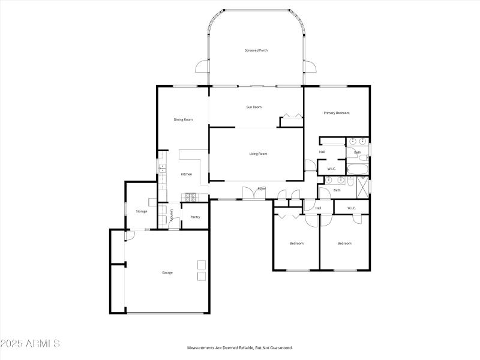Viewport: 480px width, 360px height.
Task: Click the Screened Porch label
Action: click(256, 50)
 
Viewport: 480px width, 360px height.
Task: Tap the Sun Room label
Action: click(254, 107)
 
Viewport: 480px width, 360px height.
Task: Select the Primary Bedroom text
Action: click(336, 113)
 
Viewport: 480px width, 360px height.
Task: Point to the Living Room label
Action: click(258, 154)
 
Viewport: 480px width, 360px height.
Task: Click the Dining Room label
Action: click(183, 119)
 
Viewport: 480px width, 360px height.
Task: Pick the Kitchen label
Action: click(187, 174)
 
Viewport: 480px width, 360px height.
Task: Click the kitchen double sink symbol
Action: click(161, 169)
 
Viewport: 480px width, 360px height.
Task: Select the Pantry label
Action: click(195, 217)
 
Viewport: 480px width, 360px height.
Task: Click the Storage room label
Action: click(141, 211)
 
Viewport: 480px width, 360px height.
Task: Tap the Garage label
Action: click(167, 272)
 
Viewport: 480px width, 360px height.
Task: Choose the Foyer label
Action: click(262, 189)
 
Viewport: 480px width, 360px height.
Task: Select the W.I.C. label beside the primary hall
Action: click(331, 169)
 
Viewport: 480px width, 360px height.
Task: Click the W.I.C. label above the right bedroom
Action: click(351, 208)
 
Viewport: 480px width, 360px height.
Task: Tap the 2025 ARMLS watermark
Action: click(30, 344)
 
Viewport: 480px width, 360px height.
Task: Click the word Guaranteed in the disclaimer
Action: click(279, 348)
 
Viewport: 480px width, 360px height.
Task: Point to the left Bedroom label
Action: click(296, 243)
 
